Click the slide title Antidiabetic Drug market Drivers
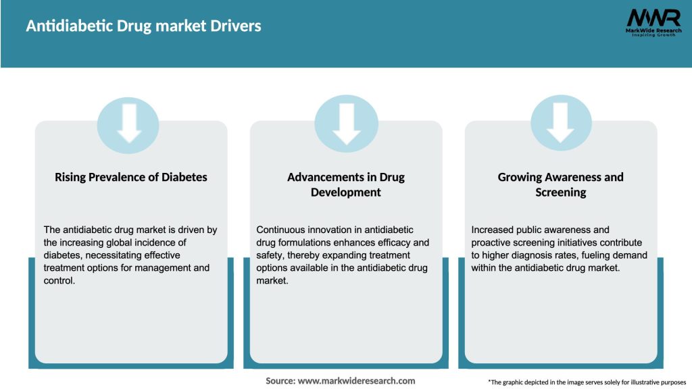click(x=143, y=26)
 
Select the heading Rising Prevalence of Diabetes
click(x=131, y=177)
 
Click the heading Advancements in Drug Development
click(x=346, y=184)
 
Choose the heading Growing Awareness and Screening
click(x=561, y=184)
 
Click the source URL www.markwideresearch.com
click(x=357, y=381)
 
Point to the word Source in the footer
click(x=280, y=381)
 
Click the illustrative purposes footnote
click(x=587, y=382)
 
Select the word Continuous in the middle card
click(x=280, y=230)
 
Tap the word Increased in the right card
click(x=494, y=230)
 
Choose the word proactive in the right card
click(x=493, y=242)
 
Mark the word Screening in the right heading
click(x=561, y=192)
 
